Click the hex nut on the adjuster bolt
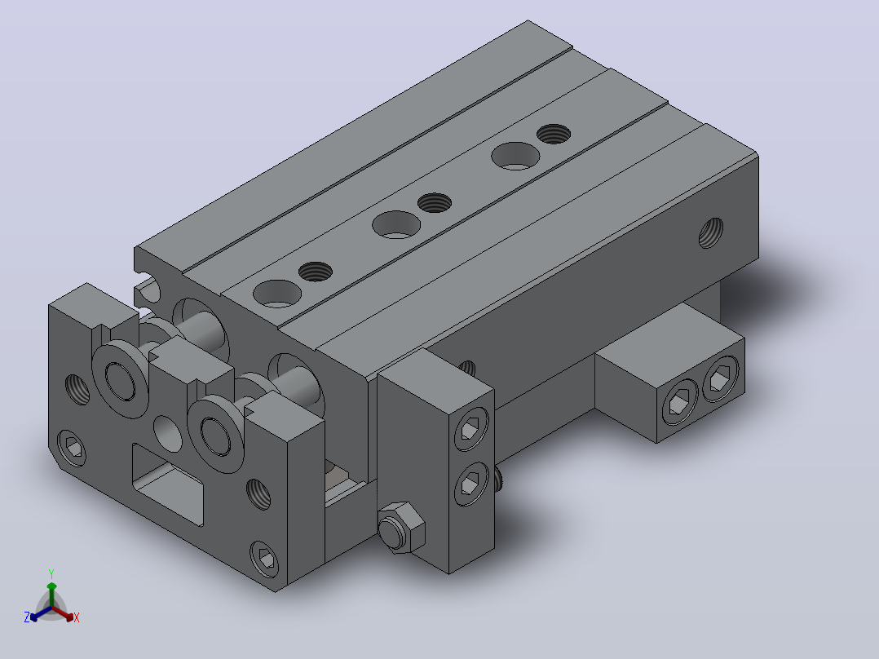(401, 527)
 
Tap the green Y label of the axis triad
(51, 573)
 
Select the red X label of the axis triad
(77, 617)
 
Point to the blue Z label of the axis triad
(27, 617)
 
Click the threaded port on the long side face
(711, 232)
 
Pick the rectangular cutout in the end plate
(168, 484)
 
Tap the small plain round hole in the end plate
(168, 434)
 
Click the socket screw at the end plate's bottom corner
(264, 559)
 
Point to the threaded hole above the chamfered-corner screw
(77, 389)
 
